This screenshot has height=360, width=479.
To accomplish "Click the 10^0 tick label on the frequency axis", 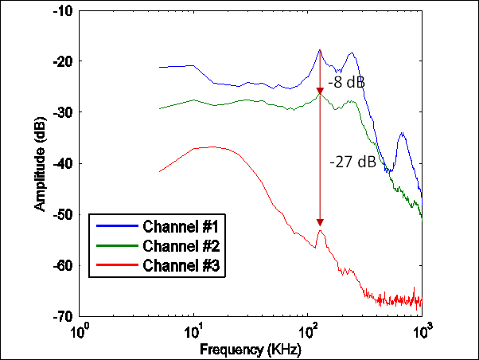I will click(x=80, y=330).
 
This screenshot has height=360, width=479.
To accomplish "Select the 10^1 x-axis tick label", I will click(x=194, y=330).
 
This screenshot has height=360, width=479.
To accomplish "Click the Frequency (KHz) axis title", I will click(x=251, y=349).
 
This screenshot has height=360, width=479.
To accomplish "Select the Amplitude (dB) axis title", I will click(x=40, y=163).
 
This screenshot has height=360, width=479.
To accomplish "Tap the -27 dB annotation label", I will click(x=353, y=162).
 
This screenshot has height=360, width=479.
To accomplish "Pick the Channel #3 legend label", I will click(x=185, y=265).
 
